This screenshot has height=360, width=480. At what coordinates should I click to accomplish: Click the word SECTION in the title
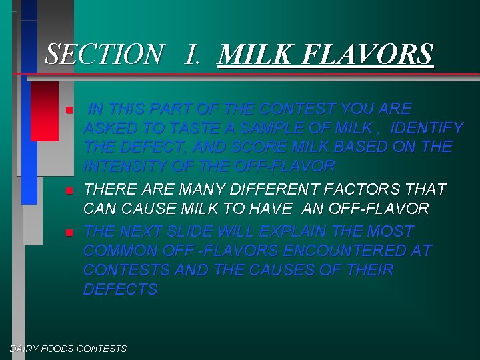(x=103, y=54)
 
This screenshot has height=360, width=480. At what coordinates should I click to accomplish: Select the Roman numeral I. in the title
(x=192, y=54)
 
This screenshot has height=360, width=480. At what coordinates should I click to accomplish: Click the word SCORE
(x=255, y=146)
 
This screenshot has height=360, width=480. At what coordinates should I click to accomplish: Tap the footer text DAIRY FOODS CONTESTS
(x=68, y=349)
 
